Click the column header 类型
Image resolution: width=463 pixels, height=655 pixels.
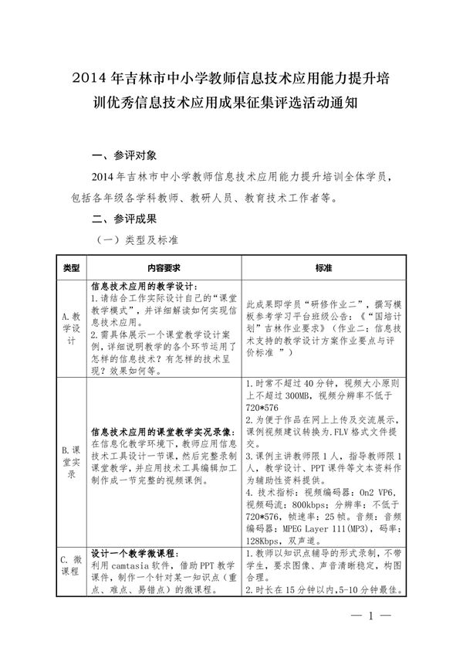(71, 267)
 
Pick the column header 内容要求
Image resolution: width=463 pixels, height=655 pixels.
(164, 267)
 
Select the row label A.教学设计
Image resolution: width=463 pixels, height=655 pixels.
(71, 328)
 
